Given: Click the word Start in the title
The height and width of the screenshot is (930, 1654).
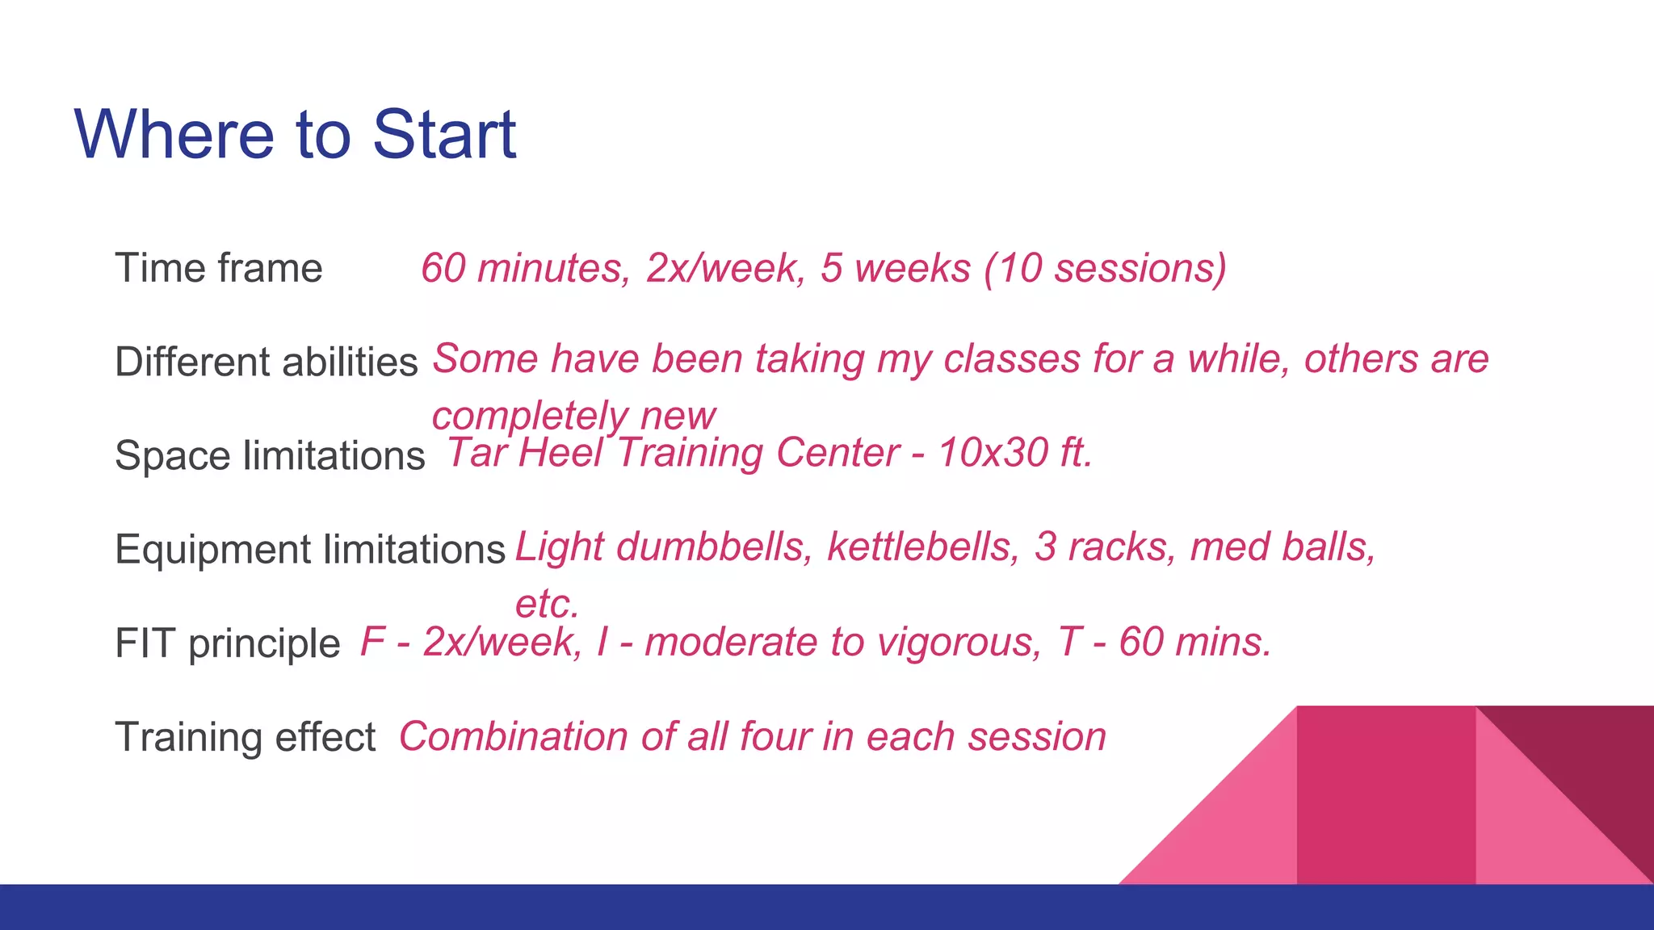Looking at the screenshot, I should (443, 135).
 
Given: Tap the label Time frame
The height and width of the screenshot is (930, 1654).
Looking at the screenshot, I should (219, 268).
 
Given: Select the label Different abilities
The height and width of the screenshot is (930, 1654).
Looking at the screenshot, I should (267, 362).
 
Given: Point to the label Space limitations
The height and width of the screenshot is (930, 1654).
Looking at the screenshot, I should (270, 455).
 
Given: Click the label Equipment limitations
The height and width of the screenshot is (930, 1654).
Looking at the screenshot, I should (310, 550).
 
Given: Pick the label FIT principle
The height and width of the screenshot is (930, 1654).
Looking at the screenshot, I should (228, 643).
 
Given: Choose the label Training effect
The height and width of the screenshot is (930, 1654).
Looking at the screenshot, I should (246, 737).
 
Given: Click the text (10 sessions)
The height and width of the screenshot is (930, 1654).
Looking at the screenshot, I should (1105, 268).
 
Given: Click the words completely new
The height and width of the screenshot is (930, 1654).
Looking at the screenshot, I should (573, 417).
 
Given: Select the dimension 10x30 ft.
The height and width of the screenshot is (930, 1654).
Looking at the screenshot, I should (1014, 453).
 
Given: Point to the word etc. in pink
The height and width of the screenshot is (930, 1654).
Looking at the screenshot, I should (547, 604).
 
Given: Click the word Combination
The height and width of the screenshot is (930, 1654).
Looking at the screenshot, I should (513, 737).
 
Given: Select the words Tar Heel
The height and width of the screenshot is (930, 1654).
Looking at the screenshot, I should (525, 453).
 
